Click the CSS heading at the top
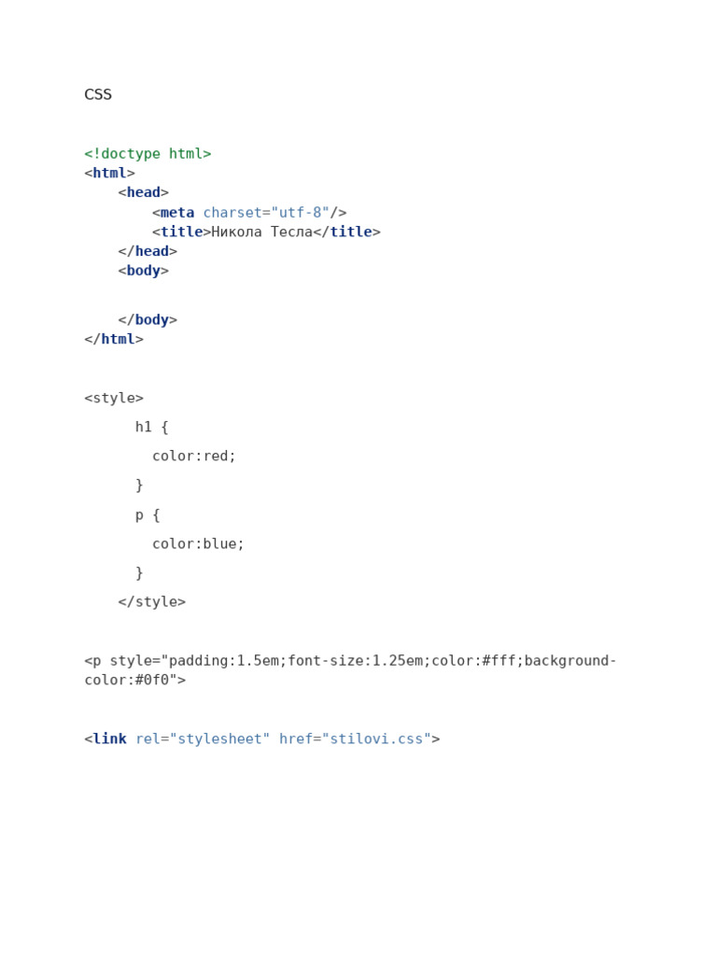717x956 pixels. click(x=98, y=94)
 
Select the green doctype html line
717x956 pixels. click(x=148, y=154)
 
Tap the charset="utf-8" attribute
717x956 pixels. click(x=266, y=213)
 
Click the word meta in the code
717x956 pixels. click(x=177, y=213)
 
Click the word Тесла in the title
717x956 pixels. click(x=291, y=232)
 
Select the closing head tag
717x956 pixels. click(x=148, y=252)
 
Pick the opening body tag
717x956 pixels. click(x=143, y=272)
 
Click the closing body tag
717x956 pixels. click(x=148, y=320)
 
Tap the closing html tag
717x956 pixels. click(x=114, y=340)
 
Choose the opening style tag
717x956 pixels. click(x=114, y=399)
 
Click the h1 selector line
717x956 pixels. click(x=151, y=428)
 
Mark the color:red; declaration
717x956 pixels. click(x=194, y=457)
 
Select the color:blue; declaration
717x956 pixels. click(x=198, y=544)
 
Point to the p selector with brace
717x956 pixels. click(x=148, y=515)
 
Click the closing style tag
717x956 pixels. click(x=152, y=602)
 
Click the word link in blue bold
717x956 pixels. click(x=109, y=739)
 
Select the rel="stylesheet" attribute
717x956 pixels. click(x=203, y=739)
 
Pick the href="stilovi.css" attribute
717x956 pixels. click(x=355, y=739)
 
